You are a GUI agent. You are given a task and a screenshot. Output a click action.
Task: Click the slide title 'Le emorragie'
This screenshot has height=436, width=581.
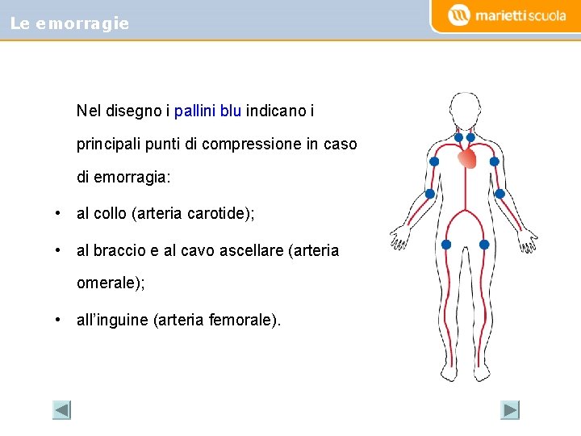pyautogui.click(x=69, y=23)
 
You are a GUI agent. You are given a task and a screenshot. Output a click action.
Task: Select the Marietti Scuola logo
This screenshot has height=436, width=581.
pyautogui.click(x=508, y=15)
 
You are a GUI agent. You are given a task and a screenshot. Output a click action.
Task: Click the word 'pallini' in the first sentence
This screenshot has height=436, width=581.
pyautogui.click(x=194, y=110)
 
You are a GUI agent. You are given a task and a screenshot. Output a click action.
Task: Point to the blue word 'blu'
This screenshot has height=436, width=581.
pyautogui.click(x=231, y=110)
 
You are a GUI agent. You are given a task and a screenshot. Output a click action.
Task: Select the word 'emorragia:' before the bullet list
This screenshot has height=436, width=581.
pyautogui.click(x=136, y=178)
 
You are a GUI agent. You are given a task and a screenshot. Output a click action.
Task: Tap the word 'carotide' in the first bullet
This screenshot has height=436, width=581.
pyautogui.click(x=218, y=214)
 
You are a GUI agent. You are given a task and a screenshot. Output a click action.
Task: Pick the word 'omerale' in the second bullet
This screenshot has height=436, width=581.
pyautogui.click(x=104, y=283)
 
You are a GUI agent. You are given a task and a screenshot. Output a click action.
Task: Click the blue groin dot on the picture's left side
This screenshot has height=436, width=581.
pyautogui.click(x=446, y=245)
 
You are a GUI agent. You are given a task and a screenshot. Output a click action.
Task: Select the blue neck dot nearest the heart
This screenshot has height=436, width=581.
pyautogui.click(x=470, y=137)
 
